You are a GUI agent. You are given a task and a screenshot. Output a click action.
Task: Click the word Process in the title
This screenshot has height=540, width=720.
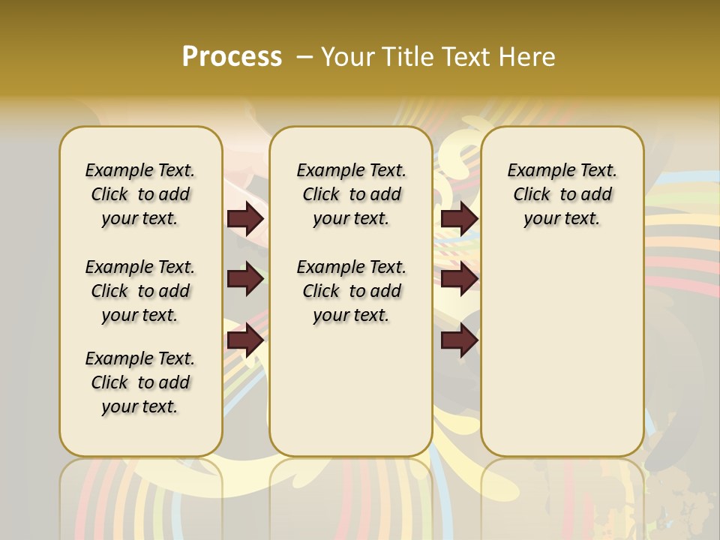(232, 57)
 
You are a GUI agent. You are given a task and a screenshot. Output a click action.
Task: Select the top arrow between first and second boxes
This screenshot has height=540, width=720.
(245, 218)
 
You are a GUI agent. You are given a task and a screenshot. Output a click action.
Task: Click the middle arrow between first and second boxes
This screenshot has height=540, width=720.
(245, 280)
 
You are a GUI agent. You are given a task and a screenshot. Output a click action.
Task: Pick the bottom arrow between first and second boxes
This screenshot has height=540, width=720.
(245, 340)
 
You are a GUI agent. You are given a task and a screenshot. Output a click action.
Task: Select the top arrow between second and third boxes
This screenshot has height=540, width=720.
(459, 218)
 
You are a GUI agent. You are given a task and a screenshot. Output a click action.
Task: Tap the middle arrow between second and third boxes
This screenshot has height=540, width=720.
(459, 280)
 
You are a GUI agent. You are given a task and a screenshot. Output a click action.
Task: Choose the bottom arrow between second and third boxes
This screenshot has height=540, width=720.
(459, 340)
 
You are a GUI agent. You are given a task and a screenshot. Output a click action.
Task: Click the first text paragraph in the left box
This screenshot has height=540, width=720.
(140, 194)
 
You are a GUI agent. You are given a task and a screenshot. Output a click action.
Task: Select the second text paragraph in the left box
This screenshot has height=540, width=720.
(140, 291)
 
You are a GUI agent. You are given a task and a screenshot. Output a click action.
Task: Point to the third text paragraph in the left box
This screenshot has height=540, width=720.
(140, 382)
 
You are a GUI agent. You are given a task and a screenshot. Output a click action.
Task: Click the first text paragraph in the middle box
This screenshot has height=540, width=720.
(351, 194)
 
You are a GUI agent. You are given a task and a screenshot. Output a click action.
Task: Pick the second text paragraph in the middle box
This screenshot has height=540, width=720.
(351, 291)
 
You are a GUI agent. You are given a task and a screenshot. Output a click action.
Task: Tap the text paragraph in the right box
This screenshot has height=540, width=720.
(562, 194)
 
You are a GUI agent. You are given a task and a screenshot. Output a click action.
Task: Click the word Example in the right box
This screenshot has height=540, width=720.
(537, 171)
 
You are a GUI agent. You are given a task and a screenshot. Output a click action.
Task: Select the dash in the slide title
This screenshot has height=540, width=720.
(305, 57)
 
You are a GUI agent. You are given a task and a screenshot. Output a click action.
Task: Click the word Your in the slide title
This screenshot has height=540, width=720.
(346, 57)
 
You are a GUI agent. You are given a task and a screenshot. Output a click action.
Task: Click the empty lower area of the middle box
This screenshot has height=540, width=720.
(351, 390)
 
